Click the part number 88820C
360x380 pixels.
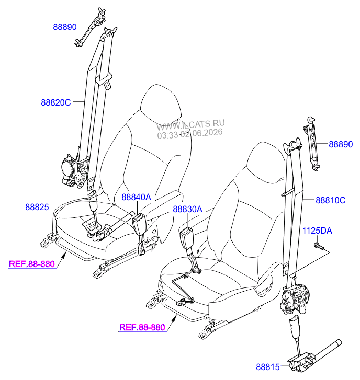pyautogui.click(x=56, y=102)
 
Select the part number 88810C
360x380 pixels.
pyautogui.click(x=330, y=200)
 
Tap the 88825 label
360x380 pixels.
pyautogui.click(x=37, y=207)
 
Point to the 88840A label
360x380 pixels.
pyautogui.click(x=137, y=197)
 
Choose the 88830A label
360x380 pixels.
pyautogui.click(x=187, y=209)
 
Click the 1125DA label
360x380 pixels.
pyautogui.click(x=317, y=231)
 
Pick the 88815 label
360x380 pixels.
pyautogui.click(x=268, y=367)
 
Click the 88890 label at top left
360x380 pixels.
pyautogui.click(x=65, y=27)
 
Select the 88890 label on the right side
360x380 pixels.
pyautogui.click(x=341, y=144)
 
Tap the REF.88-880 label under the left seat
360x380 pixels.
pyautogui.click(x=32, y=264)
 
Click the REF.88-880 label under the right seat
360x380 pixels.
pyautogui.click(x=142, y=327)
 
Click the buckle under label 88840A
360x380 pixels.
pyautogui.click(x=139, y=224)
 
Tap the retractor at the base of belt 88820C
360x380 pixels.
pyautogui.click(x=74, y=171)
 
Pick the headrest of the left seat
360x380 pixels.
pyautogui.click(x=161, y=102)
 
